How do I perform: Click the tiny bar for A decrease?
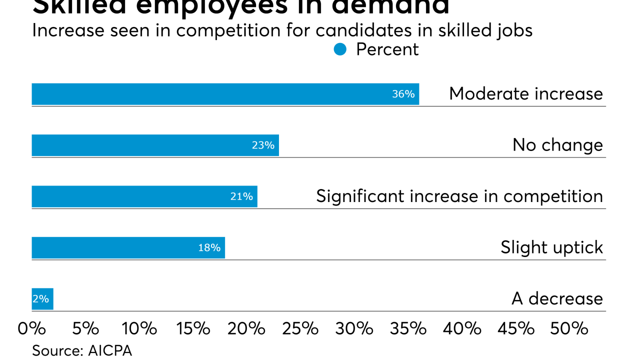[x=42, y=299]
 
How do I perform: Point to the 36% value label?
[x=403, y=94]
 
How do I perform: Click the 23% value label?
[x=263, y=145]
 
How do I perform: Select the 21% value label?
[x=241, y=196]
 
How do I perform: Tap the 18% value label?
[x=209, y=247]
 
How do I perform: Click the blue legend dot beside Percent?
[x=340, y=49]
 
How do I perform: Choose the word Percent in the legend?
[x=387, y=49]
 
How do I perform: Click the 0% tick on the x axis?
[x=31, y=328]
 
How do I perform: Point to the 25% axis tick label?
[x=300, y=328]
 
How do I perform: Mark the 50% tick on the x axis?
[x=569, y=328]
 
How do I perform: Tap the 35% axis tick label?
[x=408, y=328]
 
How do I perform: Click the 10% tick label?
[x=139, y=328]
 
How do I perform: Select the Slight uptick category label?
[x=551, y=247]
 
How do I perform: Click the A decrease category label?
[x=557, y=299]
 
